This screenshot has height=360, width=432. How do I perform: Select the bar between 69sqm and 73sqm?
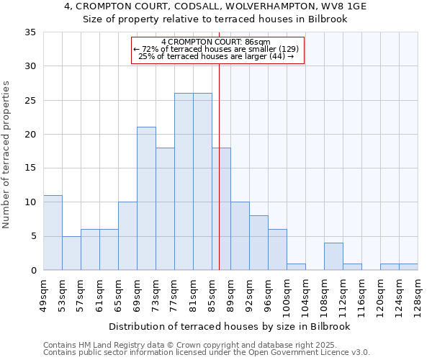146,199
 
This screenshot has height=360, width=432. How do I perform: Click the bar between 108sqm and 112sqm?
333,256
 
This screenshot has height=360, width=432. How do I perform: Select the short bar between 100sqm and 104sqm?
296,266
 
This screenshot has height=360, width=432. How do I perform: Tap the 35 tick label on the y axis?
30,32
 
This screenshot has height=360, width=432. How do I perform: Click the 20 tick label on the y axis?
30,135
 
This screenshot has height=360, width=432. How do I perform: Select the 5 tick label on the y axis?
32,236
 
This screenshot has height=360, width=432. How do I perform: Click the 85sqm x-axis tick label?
212,294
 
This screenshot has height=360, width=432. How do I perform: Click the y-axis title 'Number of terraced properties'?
7,154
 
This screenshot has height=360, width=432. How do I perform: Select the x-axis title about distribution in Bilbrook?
229,326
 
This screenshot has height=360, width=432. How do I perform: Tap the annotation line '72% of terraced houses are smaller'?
216,49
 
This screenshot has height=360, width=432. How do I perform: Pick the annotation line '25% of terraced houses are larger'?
216,56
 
